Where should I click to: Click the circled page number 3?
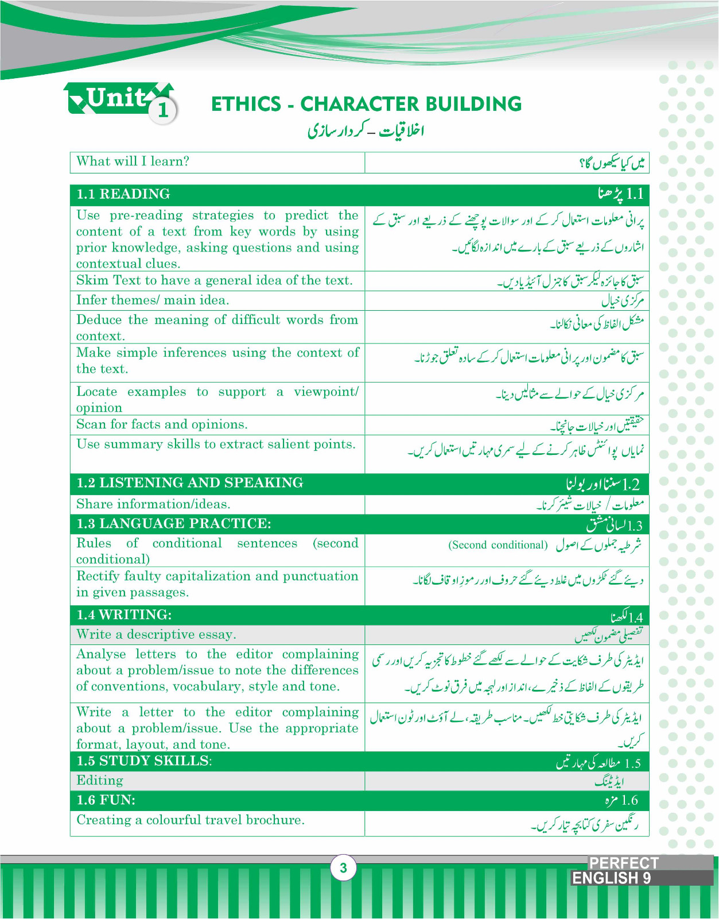(x=343, y=867)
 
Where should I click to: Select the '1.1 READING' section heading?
(x=123, y=194)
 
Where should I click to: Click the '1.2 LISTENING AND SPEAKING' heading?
(x=190, y=483)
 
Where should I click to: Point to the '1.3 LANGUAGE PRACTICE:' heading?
(x=174, y=524)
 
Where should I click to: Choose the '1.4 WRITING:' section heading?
(x=125, y=615)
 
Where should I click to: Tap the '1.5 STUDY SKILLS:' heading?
(x=144, y=760)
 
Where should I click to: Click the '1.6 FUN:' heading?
(x=106, y=800)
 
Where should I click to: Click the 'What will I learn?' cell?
(x=133, y=161)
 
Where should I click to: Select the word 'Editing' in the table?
(x=100, y=781)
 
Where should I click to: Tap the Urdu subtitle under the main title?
(x=366, y=131)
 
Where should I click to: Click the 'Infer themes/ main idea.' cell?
(x=153, y=300)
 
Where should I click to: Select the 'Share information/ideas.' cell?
(x=153, y=504)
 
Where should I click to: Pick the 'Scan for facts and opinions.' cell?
(x=162, y=424)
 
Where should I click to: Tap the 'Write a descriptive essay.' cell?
(x=156, y=635)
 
